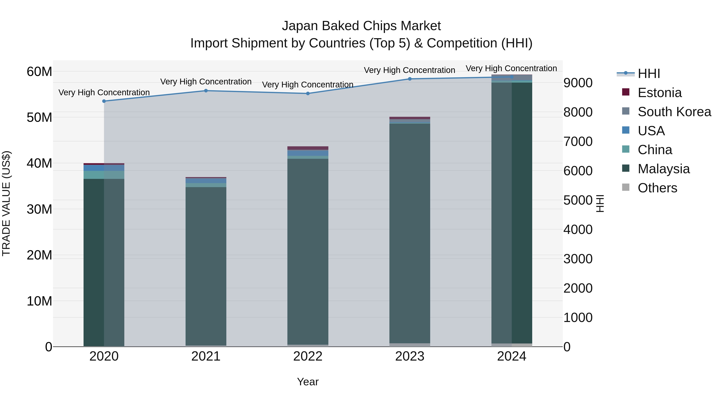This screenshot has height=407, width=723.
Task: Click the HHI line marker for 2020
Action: coord(104,101)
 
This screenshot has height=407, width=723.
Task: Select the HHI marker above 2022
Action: coord(308,93)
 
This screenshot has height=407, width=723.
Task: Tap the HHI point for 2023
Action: coord(409,79)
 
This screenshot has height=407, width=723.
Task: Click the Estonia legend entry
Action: coord(659,93)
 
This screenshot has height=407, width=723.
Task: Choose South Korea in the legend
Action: coord(674,112)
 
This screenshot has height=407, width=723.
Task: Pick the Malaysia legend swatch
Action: coord(626,169)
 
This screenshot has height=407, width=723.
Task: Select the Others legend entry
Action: coord(657,188)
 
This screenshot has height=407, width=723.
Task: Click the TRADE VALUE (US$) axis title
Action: coord(6,203)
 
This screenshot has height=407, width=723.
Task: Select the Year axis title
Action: coord(308,382)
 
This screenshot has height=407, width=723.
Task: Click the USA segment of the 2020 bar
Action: coord(104,168)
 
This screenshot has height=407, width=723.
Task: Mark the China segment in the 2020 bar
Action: coord(104,175)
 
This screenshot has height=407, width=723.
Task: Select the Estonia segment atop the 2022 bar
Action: coord(308,148)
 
